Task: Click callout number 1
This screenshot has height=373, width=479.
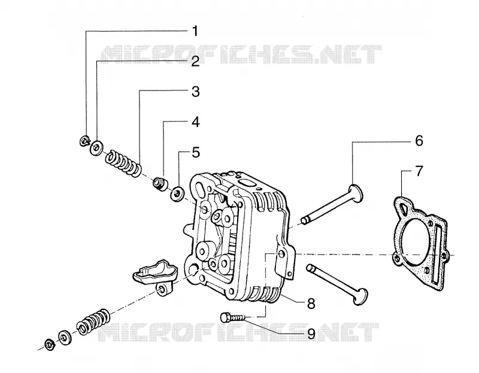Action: coord(195,31)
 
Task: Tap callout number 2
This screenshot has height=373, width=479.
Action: coord(196,61)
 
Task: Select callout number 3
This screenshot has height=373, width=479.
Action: coord(196,92)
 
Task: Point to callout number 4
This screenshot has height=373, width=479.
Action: coord(196,122)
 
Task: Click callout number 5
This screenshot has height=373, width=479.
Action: coord(196,153)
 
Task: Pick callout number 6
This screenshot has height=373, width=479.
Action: coord(419,141)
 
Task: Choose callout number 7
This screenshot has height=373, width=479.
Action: coord(419,171)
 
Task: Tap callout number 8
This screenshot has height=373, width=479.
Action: coord(311,304)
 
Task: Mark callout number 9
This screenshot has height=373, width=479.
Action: coord(311,334)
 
